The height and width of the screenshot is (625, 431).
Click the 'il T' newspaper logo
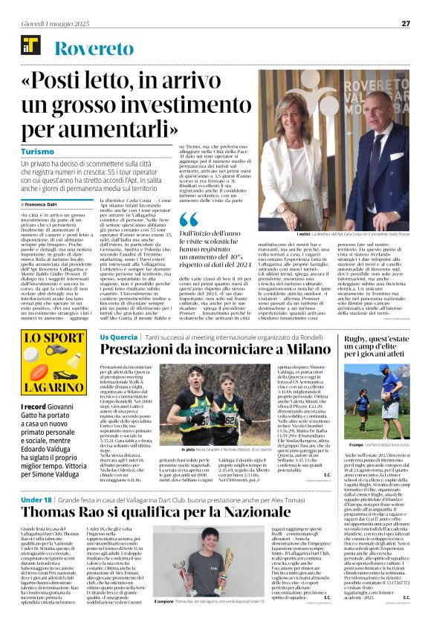click(31, 49)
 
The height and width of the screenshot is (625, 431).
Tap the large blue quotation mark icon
click(189, 220)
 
